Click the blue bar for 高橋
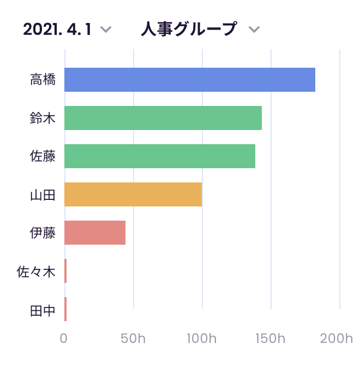point(189,80)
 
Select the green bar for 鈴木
point(163,118)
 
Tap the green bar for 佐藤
point(159,156)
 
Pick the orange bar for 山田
point(133,194)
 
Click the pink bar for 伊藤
point(94,233)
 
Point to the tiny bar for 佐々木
point(65,271)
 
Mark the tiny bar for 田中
point(65,309)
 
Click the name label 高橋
point(43,80)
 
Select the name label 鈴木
point(43,118)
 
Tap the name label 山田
point(43,194)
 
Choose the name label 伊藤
point(43,233)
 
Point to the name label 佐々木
point(37,271)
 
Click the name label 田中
point(43,309)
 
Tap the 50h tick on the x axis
point(133,339)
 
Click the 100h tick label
point(202,339)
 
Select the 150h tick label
point(271,339)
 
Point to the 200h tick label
point(337,339)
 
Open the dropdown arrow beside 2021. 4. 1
point(106,29)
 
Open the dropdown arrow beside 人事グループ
point(254,29)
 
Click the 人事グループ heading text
point(189,28)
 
